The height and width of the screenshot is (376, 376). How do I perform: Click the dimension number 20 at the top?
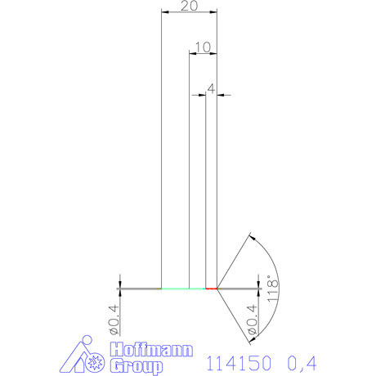coord(190,6)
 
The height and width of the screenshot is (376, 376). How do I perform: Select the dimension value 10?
coord(204,47)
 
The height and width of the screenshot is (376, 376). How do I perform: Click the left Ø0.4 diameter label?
coord(114,320)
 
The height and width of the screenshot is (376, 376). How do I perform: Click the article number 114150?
coord(237,360)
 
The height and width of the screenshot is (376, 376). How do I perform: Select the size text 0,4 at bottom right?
coord(302,360)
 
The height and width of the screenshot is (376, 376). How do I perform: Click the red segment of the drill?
coord(211,289)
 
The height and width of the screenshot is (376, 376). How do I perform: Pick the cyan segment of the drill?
coord(183,289)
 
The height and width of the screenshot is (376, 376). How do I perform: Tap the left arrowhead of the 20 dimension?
coord(164,12)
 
